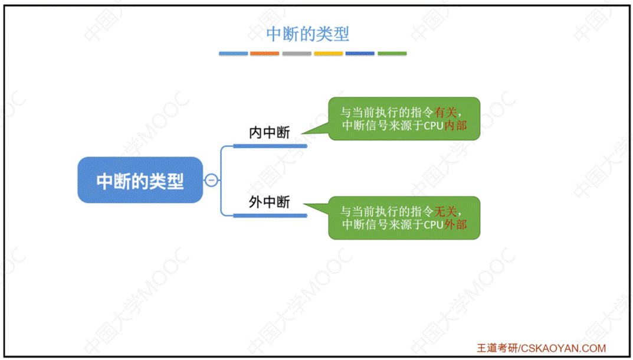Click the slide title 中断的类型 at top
[307, 34]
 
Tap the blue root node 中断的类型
[140, 181]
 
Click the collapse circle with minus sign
[211, 181]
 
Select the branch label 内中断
[269, 133]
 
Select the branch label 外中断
[269, 202]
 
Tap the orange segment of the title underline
[264, 54]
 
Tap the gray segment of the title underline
[296, 54]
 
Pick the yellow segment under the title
[328, 54]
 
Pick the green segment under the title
[392, 54]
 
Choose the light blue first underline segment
[233, 54]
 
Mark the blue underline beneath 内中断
[270, 146]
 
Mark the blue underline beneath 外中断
[270, 215]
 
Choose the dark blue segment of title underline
[360, 54]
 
